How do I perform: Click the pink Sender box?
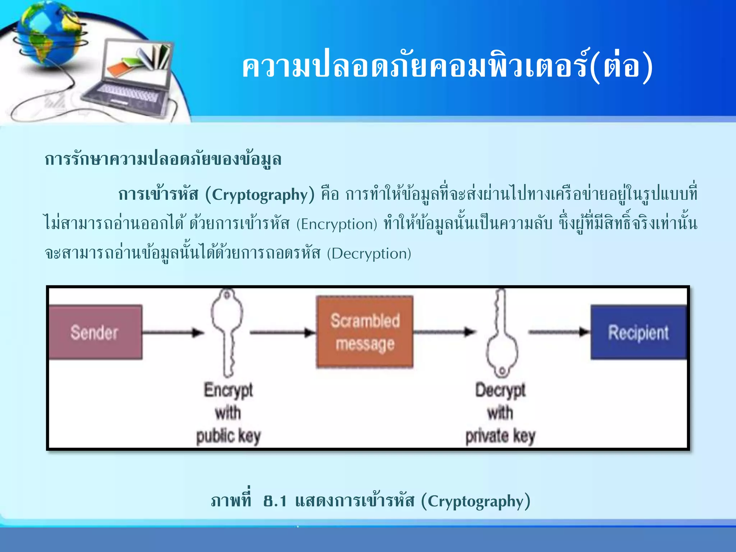pyautogui.click(x=95, y=332)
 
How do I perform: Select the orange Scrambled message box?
pyautogui.click(x=365, y=332)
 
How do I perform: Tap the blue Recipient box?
pyautogui.click(x=638, y=332)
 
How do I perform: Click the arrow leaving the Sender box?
pyautogui.click(x=172, y=332)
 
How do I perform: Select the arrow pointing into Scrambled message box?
pyautogui.click(x=282, y=332)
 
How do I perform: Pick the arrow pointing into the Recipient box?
pyautogui.click(x=559, y=332)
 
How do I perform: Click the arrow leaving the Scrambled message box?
pyautogui.click(x=444, y=332)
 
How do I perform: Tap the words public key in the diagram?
pyautogui.click(x=228, y=436)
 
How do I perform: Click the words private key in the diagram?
pyautogui.click(x=500, y=436)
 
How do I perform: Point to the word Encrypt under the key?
pyautogui.click(x=229, y=391)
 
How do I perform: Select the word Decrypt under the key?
pyautogui.click(x=500, y=391)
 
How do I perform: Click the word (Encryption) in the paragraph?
pyautogui.click(x=337, y=224)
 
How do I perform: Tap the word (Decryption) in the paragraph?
pyautogui.click(x=369, y=254)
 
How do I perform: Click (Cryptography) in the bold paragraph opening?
pyautogui.click(x=259, y=195)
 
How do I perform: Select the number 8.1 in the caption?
pyautogui.click(x=275, y=501)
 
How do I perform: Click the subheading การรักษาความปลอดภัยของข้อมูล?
pyautogui.click(x=163, y=159)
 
